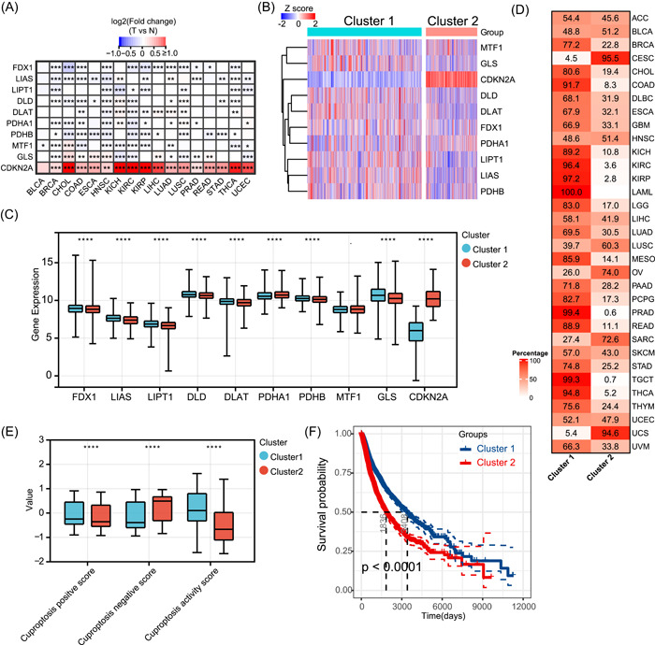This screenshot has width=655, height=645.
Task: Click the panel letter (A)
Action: pos(16,12)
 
